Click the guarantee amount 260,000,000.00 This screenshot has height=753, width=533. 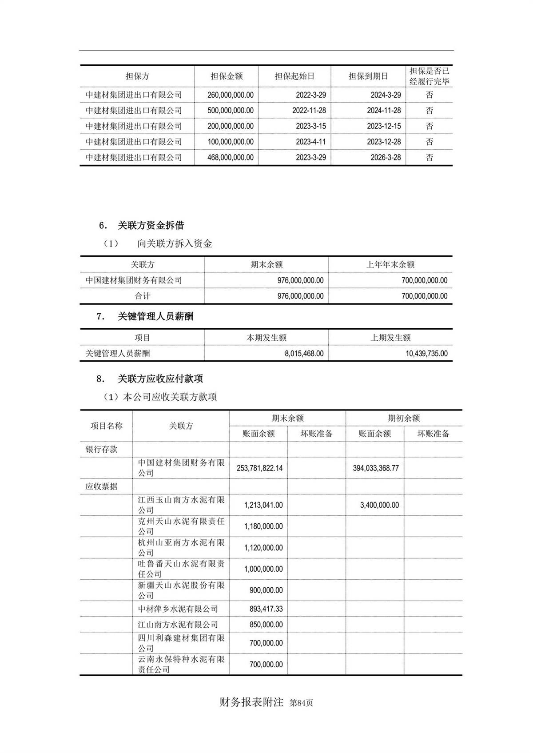point(230,95)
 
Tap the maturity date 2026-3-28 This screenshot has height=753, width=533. point(386,157)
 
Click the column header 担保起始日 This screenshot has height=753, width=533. point(294,76)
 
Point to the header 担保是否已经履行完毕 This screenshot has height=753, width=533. point(429,76)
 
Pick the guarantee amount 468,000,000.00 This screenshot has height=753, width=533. point(230,157)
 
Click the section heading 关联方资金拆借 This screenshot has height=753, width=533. point(151,225)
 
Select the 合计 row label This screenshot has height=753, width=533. point(143,296)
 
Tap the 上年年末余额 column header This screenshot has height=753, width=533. point(390,264)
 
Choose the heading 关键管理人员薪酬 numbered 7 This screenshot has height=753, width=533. point(155,316)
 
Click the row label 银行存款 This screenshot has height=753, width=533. point(102,449)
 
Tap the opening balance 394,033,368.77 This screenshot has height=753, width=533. point(376,468)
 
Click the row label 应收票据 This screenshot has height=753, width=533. point(102,486)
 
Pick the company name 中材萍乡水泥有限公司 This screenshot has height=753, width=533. point(178,609)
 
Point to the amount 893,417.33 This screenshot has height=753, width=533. point(266,609)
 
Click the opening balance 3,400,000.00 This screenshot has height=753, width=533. point(379,505)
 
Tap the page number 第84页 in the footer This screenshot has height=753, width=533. point(301,703)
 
